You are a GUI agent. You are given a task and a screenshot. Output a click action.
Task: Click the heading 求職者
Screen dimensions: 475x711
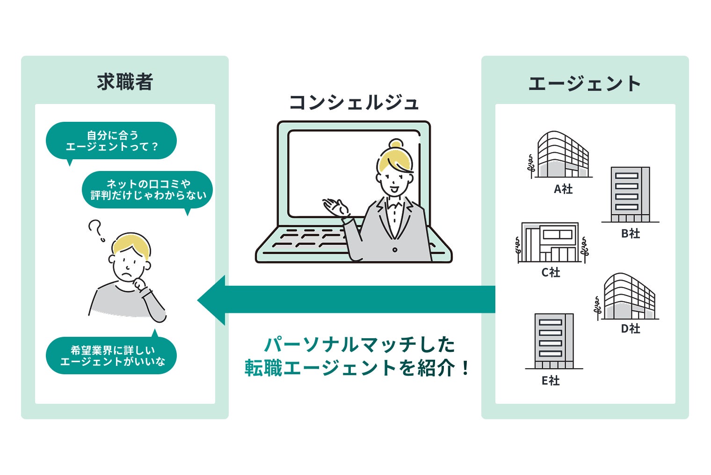point(125,82)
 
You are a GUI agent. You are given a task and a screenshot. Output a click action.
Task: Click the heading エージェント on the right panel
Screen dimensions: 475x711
point(584,84)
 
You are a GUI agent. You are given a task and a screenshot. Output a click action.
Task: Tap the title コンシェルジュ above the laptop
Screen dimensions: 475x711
point(354,103)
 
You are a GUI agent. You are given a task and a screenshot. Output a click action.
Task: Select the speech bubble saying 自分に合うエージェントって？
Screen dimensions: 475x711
point(111,141)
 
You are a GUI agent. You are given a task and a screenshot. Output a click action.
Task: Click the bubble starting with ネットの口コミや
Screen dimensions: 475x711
point(148,190)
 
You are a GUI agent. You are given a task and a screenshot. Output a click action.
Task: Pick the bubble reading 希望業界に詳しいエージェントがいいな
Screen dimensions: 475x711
point(112,356)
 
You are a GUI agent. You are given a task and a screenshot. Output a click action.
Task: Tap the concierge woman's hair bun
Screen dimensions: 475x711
point(396,143)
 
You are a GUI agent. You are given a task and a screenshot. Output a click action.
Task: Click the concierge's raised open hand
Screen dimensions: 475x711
point(334,207)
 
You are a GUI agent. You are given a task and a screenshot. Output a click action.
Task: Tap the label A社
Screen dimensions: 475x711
point(563,189)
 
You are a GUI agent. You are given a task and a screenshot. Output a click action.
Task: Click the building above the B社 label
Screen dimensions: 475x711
point(630,194)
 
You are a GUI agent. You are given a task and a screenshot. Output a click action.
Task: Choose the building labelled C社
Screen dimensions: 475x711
point(550,242)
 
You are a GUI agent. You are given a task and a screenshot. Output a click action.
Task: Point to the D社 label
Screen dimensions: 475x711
point(631,329)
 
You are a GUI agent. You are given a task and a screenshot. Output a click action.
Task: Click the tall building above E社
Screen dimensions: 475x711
point(554,341)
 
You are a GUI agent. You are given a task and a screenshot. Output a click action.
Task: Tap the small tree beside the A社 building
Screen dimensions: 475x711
point(531,166)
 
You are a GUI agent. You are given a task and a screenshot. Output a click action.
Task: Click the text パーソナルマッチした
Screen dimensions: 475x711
point(359,344)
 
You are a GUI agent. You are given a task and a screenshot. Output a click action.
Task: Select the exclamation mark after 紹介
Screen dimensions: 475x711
point(464,368)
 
